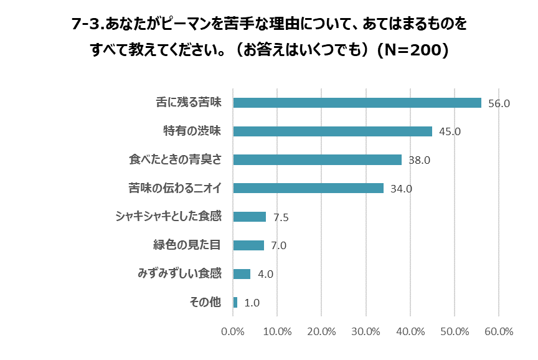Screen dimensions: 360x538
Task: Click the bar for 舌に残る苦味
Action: click(x=357, y=103)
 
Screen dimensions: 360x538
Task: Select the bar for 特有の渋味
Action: click(x=333, y=131)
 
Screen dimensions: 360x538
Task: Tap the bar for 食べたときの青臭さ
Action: click(x=317, y=159)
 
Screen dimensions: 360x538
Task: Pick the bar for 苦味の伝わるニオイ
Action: click(x=308, y=188)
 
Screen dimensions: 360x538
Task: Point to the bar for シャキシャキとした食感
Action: click(x=250, y=217)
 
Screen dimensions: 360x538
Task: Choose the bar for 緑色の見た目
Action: click(x=248, y=245)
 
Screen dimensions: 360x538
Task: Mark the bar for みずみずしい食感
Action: click(x=242, y=274)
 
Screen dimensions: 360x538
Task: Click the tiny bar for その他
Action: click(x=235, y=303)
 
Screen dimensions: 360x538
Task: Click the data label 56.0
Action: click(x=499, y=103)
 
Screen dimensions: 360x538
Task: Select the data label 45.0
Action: click(x=450, y=132)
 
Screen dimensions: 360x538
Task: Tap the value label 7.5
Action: click(x=281, y=217)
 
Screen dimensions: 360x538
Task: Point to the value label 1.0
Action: click(x=252, y=303)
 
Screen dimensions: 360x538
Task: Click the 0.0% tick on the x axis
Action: click(x=234, y=331)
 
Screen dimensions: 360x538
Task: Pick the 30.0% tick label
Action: click(x=366, y=331)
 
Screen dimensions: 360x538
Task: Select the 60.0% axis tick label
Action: click(x=498, y=331)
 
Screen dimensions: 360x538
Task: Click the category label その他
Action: click(x=205, y=303)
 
